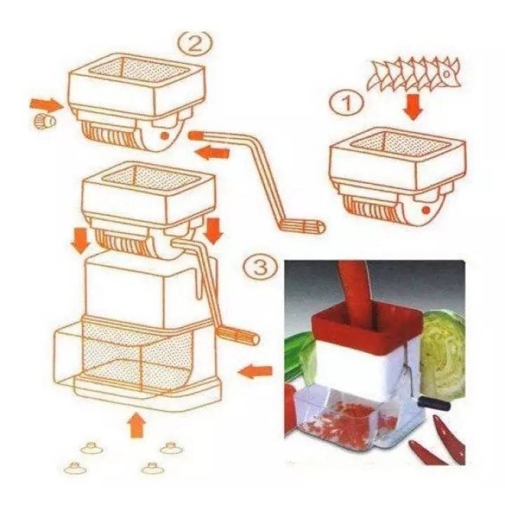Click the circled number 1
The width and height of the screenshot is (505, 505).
tap(347, 103)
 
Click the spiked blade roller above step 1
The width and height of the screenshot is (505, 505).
tap(414, 75)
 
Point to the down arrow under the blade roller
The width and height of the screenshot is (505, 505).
tap(413, 108)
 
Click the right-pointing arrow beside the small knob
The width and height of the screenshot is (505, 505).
tap(46, 105)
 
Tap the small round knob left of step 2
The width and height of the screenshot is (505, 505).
tap(44, 121)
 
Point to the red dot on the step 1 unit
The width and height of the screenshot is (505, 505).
tap(427, 210)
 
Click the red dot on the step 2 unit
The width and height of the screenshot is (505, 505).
tap(164, 136)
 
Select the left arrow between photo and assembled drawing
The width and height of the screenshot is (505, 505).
tap(255, 372)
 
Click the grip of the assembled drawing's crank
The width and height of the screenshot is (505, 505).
tap(238, 335)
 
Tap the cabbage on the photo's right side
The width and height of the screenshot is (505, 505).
tap(443, 355)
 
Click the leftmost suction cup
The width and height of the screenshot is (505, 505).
tap(75, 468)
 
